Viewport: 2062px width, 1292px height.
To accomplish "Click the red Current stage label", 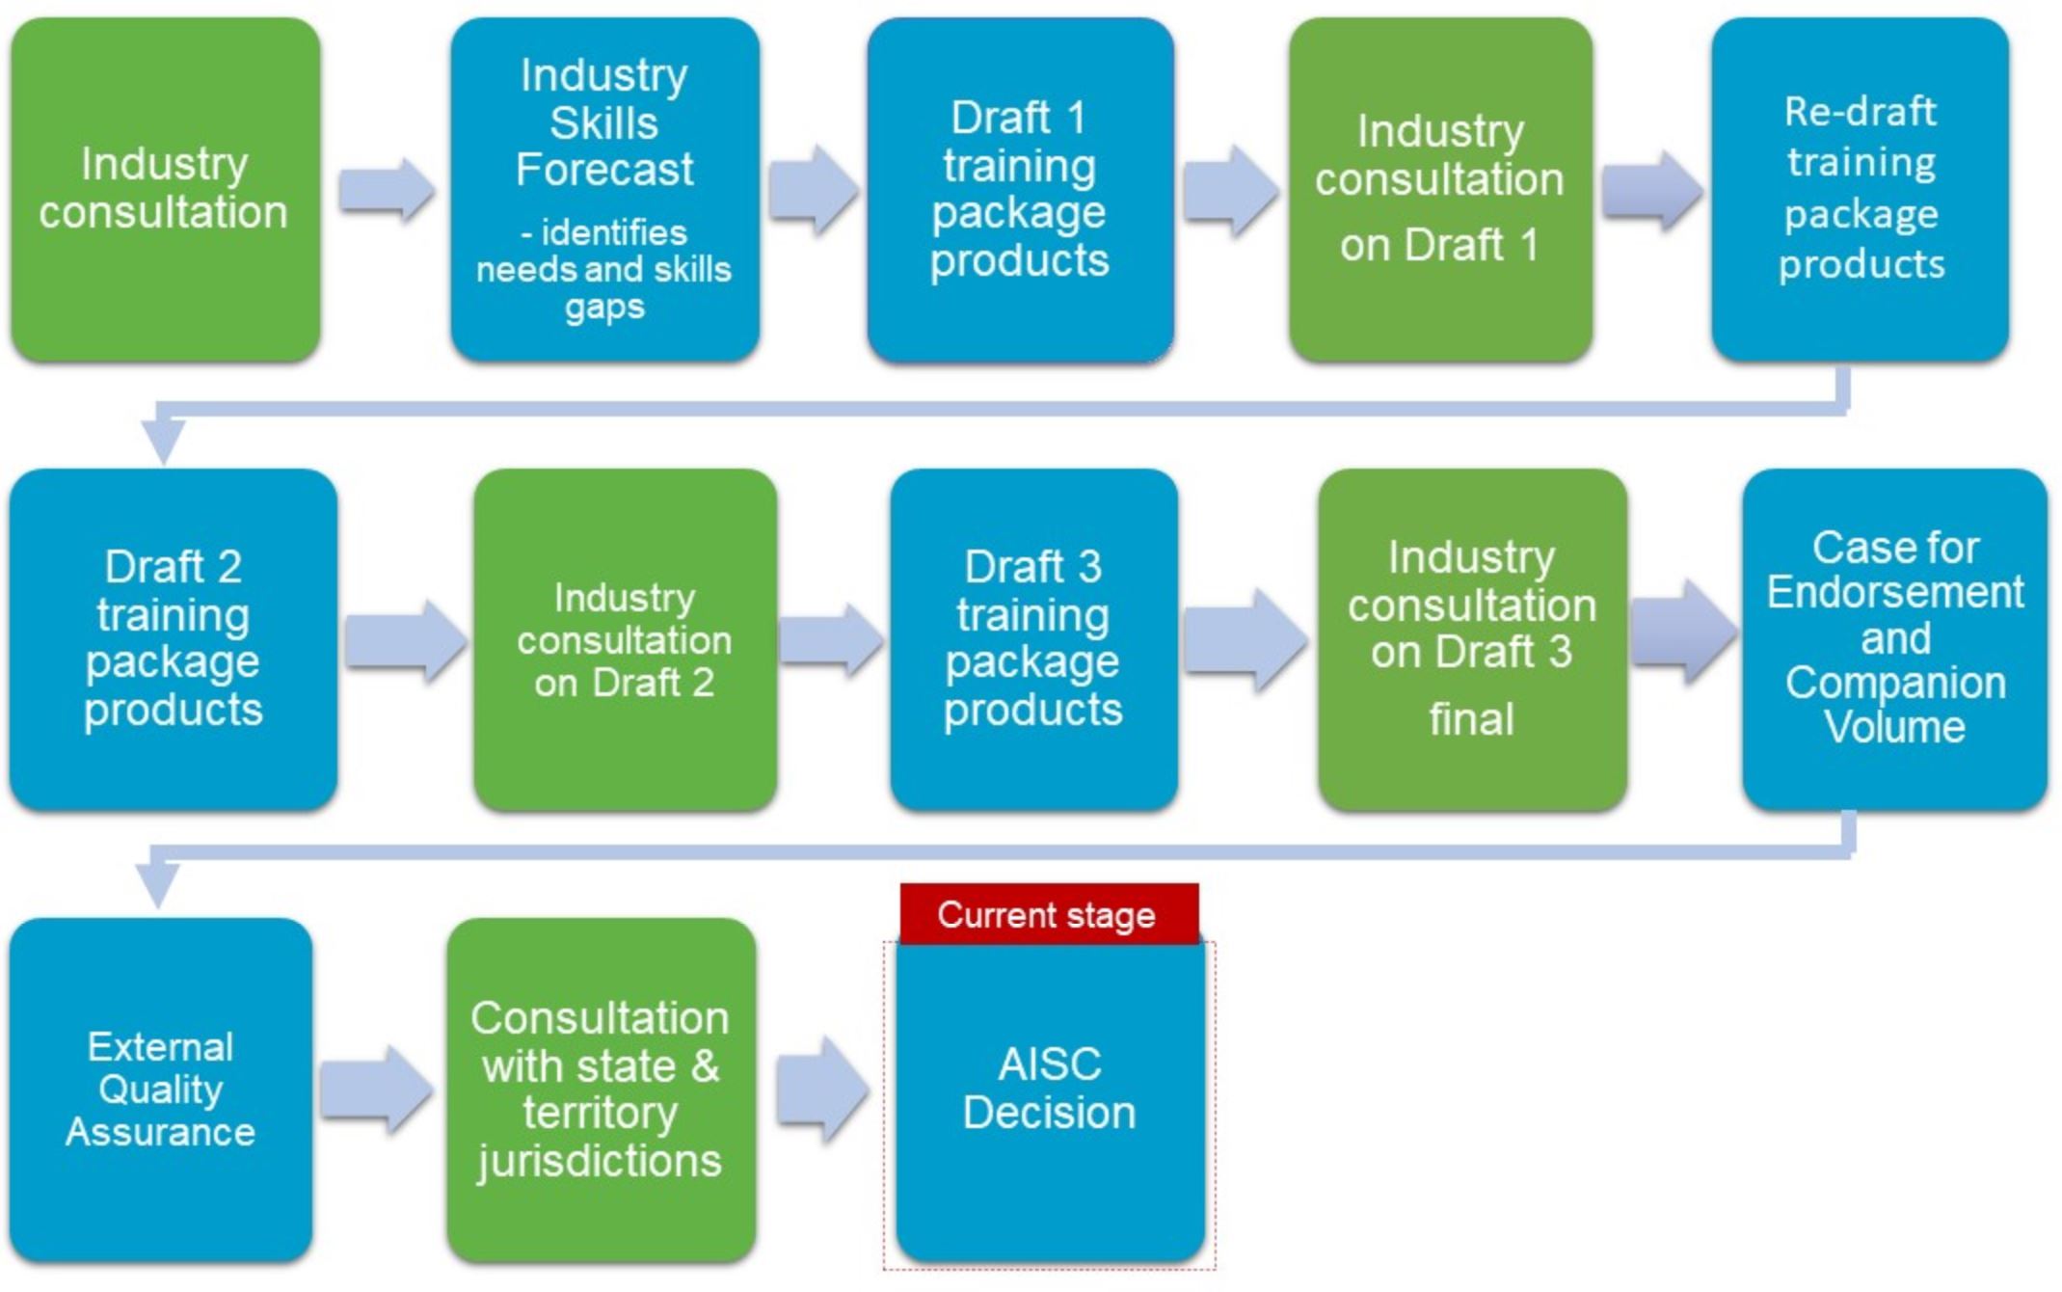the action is pyautogui.click(x=1049, y=913).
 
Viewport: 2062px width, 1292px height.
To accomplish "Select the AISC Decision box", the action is pyautogui.click(x=1050, y=1101).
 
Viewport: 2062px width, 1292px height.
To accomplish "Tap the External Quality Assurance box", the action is pyautogui.click(x=161, y=1090).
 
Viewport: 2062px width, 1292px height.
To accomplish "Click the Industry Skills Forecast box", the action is pyautogui.click(x=604, y=189).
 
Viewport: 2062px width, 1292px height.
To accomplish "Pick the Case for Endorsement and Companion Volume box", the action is pyautogui.click(x=1894, y=639).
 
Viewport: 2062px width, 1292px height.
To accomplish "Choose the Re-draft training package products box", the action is pyautogui.click(x=1860, y=189).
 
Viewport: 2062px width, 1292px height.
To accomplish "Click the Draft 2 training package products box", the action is pyautogui.click(x=174, y=639).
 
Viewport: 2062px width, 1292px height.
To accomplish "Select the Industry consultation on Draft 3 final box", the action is pyautogui.click(x=1472, y=639).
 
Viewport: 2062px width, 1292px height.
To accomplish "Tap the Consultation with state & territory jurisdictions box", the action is pyautogui.click(x=601, y=1090).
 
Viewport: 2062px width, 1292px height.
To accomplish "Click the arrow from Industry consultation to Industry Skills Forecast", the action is pyautogui.click(x=386, y=189).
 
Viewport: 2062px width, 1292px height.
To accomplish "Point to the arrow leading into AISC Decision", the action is pyautogui.click(x=821, y=1090).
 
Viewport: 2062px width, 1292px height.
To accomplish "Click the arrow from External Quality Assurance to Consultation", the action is pyautogui.click(x=376, y=1090).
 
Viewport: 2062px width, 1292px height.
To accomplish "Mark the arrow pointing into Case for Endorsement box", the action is pyautogui.click(x=1683, y=633).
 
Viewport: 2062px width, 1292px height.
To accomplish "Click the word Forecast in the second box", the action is pyautogui.click(x=604, y=170).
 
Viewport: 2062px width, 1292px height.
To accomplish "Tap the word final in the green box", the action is pyautogui.click(x=1471, y=719).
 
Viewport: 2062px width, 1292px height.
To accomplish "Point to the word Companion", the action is pyautogui.click(x=1895, y=684).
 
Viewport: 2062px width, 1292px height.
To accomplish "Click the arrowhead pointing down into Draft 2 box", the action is pyautogui.click(x=164, y=442).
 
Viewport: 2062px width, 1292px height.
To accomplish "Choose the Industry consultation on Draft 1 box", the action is pyautogui.click(x=1440, y=189).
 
